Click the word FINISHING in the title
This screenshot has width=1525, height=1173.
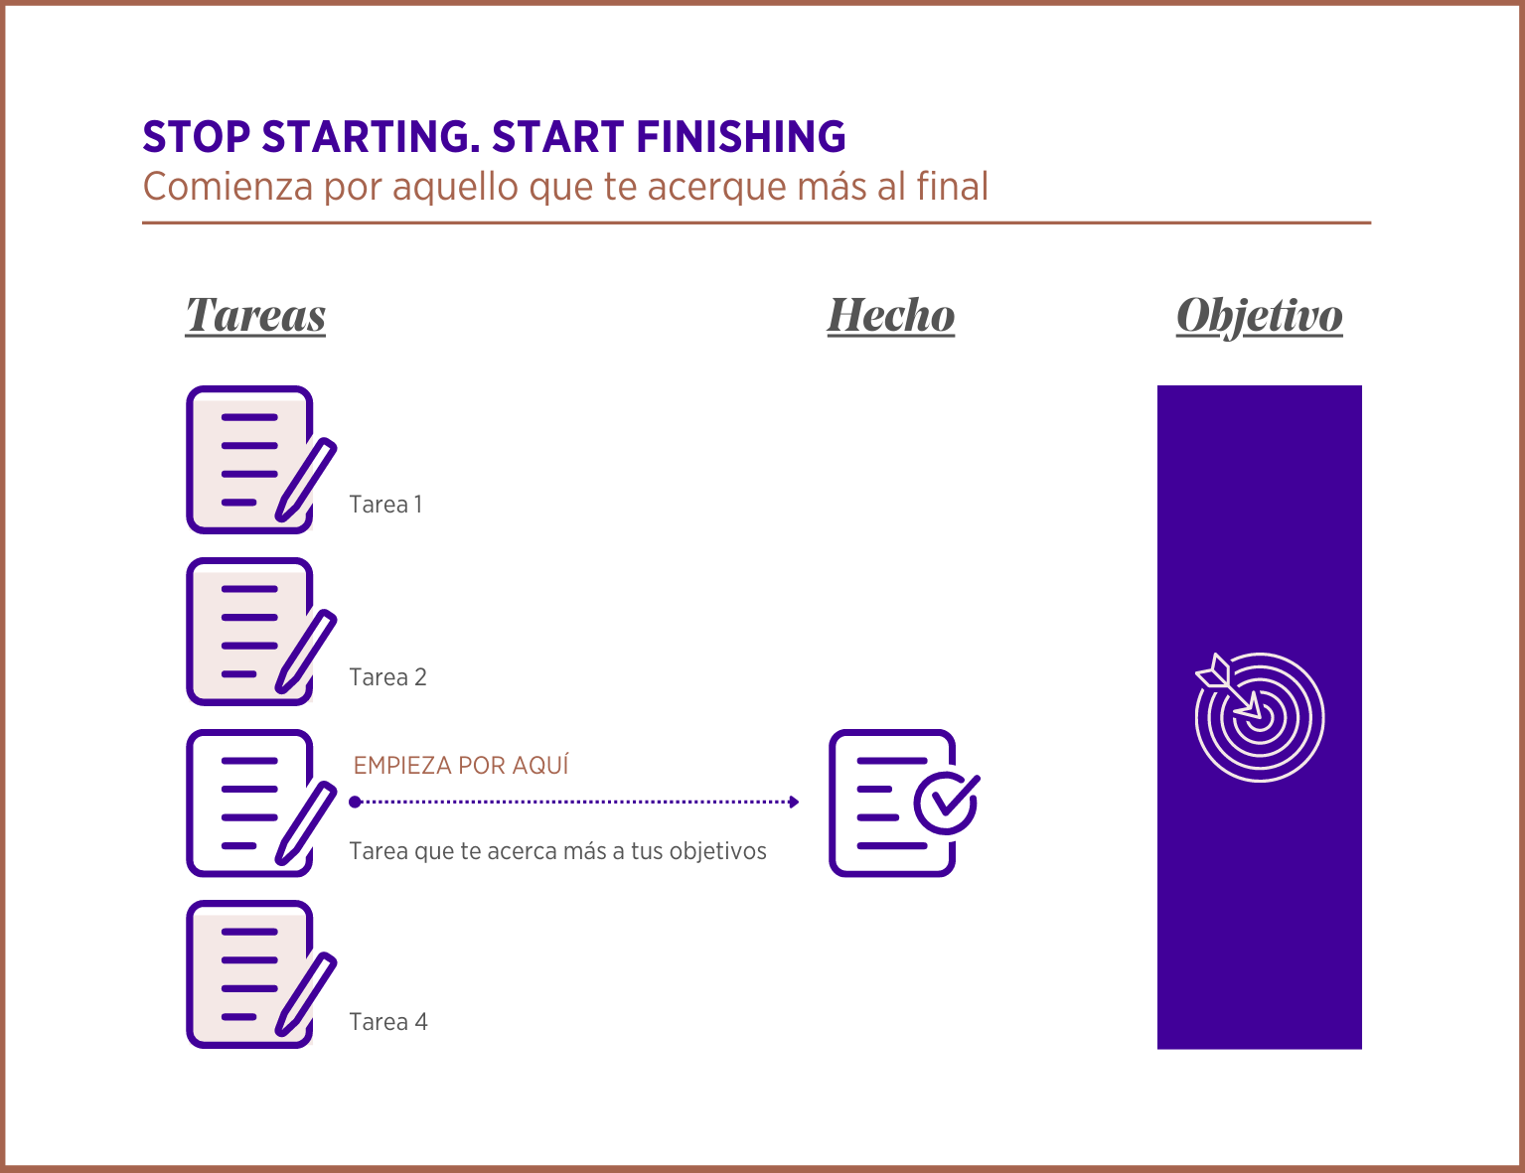click(x=741, y=136)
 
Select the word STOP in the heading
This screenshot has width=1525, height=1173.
click(x=197, y=136)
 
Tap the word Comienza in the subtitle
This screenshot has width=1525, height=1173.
click(x=229, y=187)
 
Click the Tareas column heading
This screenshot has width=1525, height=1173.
click(x=255, y=316)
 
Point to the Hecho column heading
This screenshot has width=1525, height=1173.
click(x=890, y=316)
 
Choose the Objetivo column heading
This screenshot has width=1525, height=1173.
click(x=1260, y=317)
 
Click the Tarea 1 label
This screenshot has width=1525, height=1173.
click(x=386, y=505)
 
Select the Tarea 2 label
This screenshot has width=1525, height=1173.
click(x=388, y=677)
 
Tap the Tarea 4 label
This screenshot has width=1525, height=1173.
click(x=388, y=1021)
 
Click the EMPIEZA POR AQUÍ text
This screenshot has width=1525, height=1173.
click(x=461, y=765)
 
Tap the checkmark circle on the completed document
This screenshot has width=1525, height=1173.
click(x=947, y=804)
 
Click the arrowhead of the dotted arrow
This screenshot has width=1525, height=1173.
click(x=794, y=802)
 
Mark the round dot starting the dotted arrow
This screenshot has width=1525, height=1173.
click(x=355, y=802)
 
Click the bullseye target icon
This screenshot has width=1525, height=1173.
click(x=1260, y=717)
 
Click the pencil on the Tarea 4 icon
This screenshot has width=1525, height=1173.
click(x=306, y=994)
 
